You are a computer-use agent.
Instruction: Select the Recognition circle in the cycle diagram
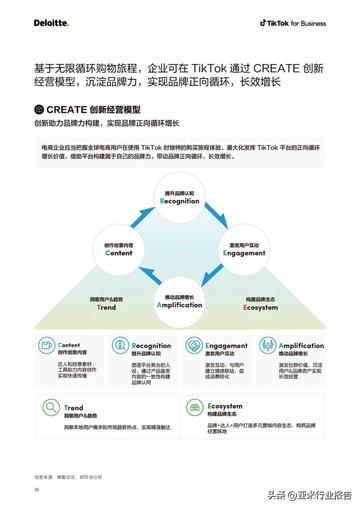pos(180,198)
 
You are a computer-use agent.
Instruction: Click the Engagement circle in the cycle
pos(242,249)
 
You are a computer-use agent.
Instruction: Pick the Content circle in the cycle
pos(119,249)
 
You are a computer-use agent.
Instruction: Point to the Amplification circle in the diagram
pos(180,299)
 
